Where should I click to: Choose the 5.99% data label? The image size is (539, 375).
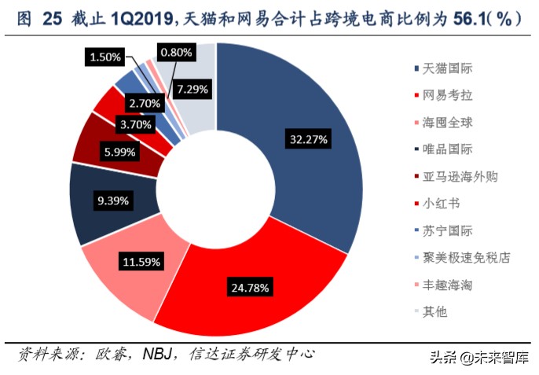(121, 152)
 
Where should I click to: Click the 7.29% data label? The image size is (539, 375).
(192, 89)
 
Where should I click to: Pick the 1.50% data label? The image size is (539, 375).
(105, 57)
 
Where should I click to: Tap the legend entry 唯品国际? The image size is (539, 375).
(444, 150)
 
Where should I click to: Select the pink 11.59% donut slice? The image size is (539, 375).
(126, 267)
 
